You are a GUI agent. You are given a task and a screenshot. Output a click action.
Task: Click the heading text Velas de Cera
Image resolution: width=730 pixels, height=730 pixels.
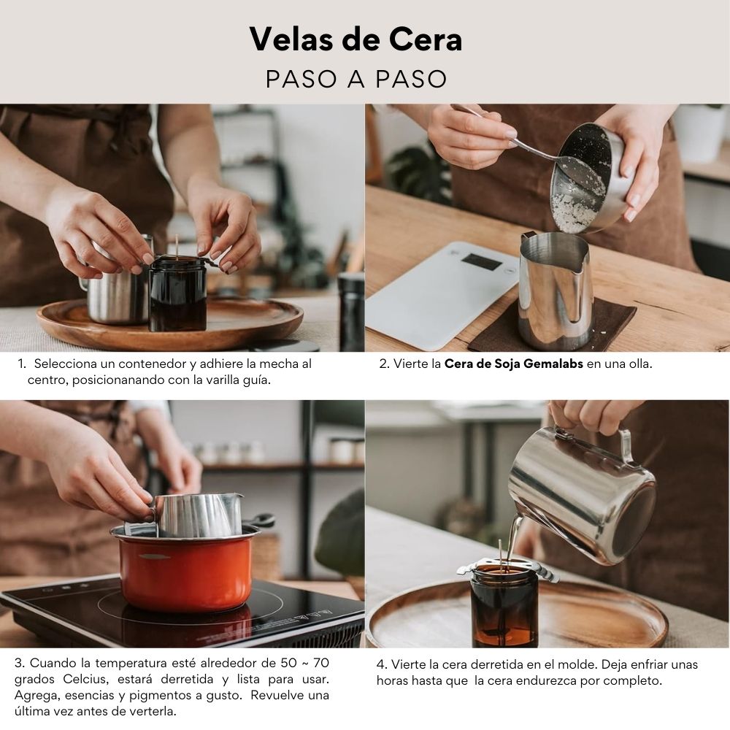pyautogui.click(x=356, y=39)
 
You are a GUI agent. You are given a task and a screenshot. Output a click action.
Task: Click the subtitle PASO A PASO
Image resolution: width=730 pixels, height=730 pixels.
pyautogui.click(x=356, y=79)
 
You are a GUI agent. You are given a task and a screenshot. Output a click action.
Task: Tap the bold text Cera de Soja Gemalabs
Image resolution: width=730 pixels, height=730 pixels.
pyautogui.click(x=513, y=364)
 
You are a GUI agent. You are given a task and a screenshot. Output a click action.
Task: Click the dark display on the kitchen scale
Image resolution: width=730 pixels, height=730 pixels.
pyautogui.click(x=481, y=262)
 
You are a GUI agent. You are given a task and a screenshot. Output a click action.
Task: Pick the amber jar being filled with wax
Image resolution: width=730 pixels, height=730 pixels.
pyautogui.click(x=504, y=605)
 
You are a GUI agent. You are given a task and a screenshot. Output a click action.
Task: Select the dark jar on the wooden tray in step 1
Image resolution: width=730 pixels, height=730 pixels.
pyautogui.click(x=178, y=293)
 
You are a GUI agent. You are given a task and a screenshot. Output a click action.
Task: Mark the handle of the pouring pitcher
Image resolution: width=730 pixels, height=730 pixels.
pyautogui.click(x=626, y=446)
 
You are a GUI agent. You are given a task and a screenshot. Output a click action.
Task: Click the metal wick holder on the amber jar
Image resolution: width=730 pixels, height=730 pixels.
pyautogui.click(x=507, y=572)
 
